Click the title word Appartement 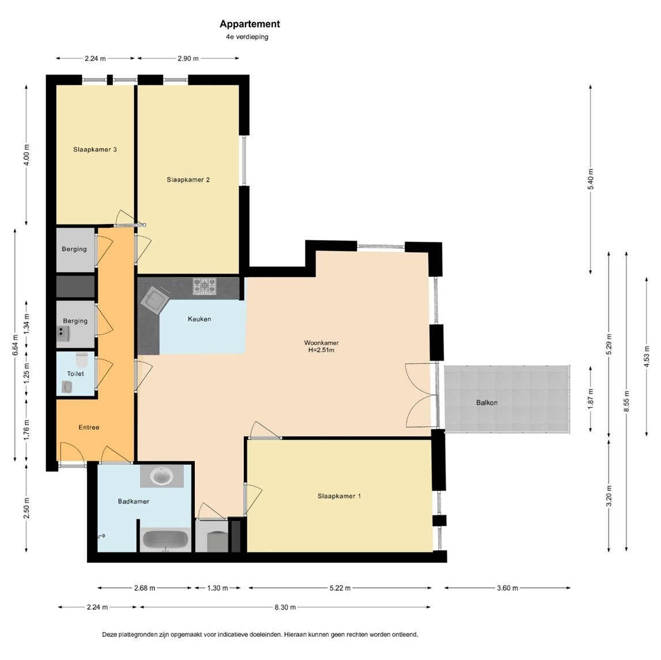(x=250, y=24)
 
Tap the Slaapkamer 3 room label (x=95, y=149)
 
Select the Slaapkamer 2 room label (x=188, y=180)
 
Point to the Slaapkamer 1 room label (x=339, y=496)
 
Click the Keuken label (x=199, y=319)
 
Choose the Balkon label (x=487, y=403)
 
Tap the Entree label (x=89, y=427)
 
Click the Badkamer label (x=133, y=501)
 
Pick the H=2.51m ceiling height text (x=321, y=350)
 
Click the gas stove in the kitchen (x=205, y=286)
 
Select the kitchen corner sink (x=154, y=299)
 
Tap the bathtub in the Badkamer (x=165, y=540)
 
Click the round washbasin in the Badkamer (x=162, y=477)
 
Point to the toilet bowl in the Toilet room (x=81, y=361)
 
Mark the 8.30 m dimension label (x=285, y=607)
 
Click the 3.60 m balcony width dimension (x=508, y=588)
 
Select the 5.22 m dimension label (x=340, y=588)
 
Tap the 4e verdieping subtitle (x=247, y=37)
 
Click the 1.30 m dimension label (x=217, y=588)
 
